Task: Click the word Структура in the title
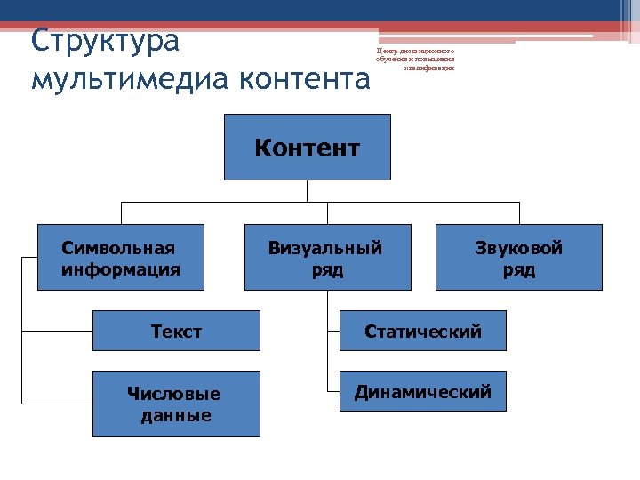105,41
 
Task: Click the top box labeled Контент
307,147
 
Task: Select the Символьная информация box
120,258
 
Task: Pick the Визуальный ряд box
327,258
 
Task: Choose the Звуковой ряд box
518,258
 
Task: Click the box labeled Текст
176,331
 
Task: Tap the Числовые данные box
176,404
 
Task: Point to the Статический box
423,331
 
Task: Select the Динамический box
423,391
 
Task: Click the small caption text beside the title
415,60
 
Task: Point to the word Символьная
118,248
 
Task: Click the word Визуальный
325,248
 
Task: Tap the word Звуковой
518,248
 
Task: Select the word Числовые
173,394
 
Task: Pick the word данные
176,415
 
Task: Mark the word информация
121,269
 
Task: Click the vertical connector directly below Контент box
307,191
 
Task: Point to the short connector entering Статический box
333,331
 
